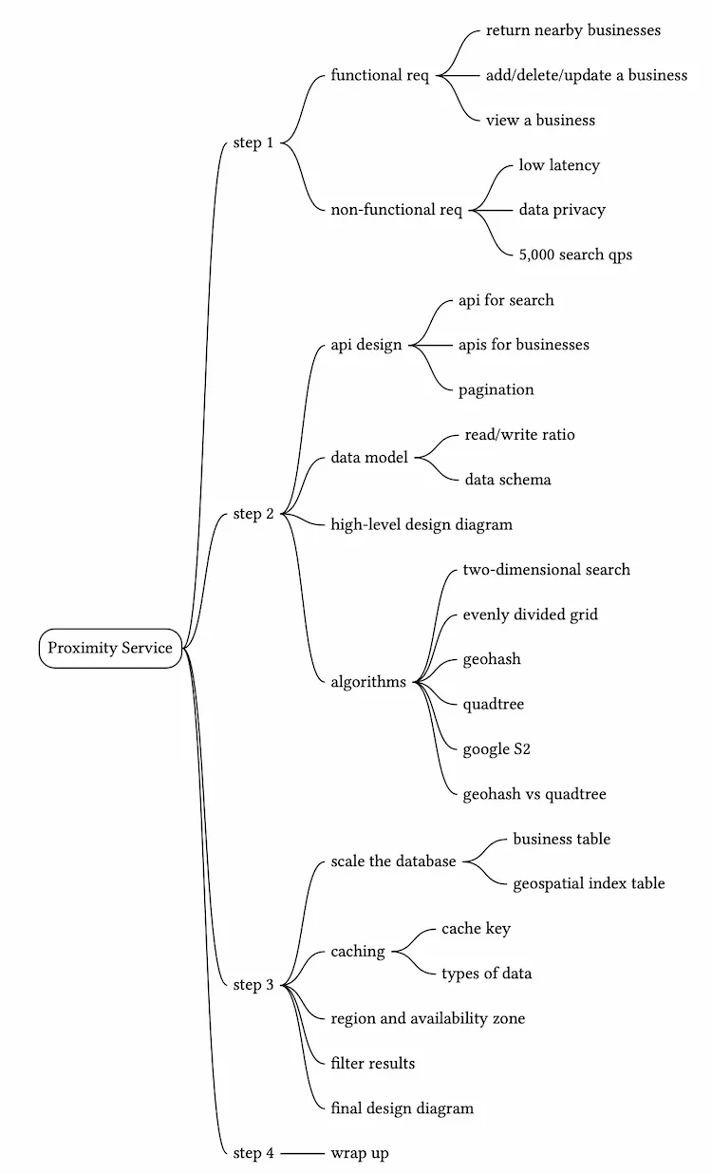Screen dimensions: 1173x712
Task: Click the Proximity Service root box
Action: coord(110,648)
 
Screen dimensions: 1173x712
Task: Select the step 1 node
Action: coord(253,143)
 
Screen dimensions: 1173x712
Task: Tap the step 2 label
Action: coord(253,514)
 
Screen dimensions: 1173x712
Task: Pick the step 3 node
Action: coord(253,985)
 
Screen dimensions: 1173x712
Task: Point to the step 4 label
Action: coord(253,1153)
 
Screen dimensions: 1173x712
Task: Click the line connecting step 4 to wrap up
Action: coord(302,1153)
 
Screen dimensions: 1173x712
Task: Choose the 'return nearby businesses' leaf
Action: coord(572,30)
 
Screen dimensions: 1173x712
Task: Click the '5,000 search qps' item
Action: coord(575,255)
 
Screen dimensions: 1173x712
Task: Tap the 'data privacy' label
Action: coord(561,210)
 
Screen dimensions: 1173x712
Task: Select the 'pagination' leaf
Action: coord(496,389)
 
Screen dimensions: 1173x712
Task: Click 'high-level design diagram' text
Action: coord(422,524)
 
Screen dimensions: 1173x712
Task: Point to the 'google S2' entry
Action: coord(497,749)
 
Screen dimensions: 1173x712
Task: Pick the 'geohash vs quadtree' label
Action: coord(534,794)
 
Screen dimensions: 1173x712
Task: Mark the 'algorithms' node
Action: coord(368,682)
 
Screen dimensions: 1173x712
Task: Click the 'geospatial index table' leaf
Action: coord(589,883)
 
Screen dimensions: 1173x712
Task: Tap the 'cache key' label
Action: coord(476,929)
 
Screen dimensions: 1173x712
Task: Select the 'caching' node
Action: coord(358,951)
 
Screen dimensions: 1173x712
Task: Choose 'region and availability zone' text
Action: coord(427,1018)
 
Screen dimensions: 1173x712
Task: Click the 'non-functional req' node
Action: coord(396,210)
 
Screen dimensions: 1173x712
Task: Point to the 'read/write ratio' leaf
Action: coord(519,435)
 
